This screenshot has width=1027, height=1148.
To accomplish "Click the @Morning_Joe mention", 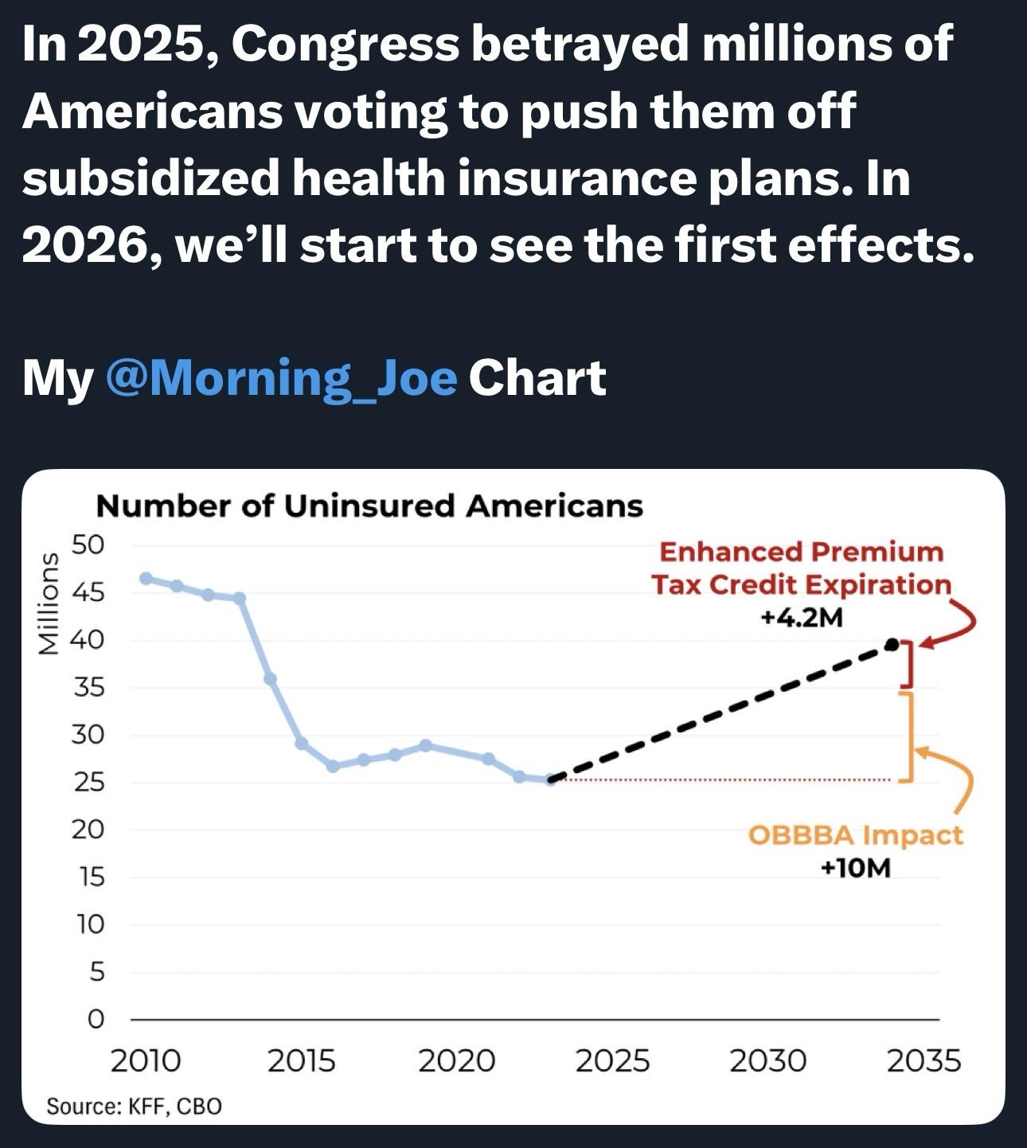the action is [281, 378].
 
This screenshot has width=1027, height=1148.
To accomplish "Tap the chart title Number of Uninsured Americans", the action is [369, 506].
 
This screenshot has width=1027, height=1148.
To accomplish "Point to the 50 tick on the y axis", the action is [88, 545].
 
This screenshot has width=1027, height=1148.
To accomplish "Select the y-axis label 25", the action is [88, 783].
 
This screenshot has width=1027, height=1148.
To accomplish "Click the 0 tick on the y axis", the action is [96, 1020].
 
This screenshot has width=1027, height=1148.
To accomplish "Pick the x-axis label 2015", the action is [302, 1060].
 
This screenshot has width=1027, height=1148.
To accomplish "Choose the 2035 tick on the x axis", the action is [924, 1060].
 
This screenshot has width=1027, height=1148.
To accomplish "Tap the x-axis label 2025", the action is [613, 1060].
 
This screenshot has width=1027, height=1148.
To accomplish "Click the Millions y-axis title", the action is [49, 603].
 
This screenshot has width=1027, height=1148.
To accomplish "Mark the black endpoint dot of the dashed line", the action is [892, 645].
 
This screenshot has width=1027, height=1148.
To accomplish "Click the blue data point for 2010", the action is [146, 578].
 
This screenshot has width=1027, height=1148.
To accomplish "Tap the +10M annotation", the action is [856, 868].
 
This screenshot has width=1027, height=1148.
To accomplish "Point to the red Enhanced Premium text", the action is [802, 552].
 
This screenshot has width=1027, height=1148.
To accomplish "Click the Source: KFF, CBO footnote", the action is [134, 1106].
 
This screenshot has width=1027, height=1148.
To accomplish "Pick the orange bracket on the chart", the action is [910, 736].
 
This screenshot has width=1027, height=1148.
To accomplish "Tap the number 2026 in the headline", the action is [86, 246].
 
